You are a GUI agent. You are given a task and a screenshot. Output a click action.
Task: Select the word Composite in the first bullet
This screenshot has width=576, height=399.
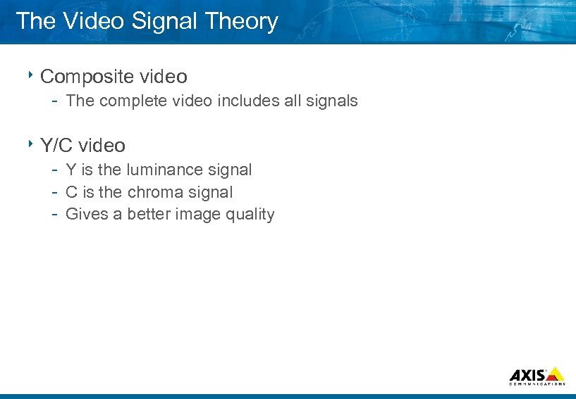(84, 76)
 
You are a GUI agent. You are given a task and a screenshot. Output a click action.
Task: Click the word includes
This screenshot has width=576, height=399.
(248, 101)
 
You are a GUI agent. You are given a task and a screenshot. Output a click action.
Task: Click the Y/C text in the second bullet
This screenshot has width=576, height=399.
(56, 146)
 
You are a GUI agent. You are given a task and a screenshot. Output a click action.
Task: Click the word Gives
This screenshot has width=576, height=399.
(87, 215)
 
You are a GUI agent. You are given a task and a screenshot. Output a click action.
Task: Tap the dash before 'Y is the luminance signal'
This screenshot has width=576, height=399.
(54, 170)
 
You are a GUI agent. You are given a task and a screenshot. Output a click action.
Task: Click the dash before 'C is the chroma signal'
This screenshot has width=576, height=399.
(54, 193)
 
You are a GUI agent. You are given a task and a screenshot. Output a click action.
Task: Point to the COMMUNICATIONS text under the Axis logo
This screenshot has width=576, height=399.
(537, 384)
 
